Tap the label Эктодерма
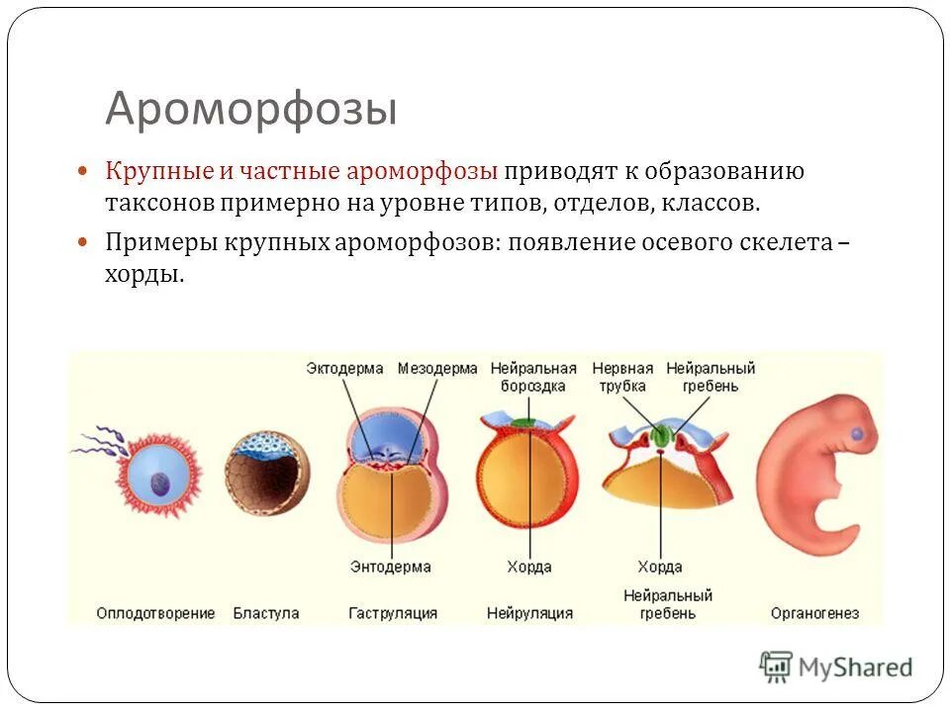point(344,368)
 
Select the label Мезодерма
point(437,368)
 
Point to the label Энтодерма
point(390,568)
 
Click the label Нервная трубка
point(621,377)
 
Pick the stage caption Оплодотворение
point(155,613)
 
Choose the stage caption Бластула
point(266,613)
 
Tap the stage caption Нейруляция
point(529,613)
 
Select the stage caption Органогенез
point(814,613)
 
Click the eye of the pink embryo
point(856,434)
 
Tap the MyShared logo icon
point(777,667)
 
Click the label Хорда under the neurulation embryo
point(529,568)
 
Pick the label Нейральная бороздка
point(533,377)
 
